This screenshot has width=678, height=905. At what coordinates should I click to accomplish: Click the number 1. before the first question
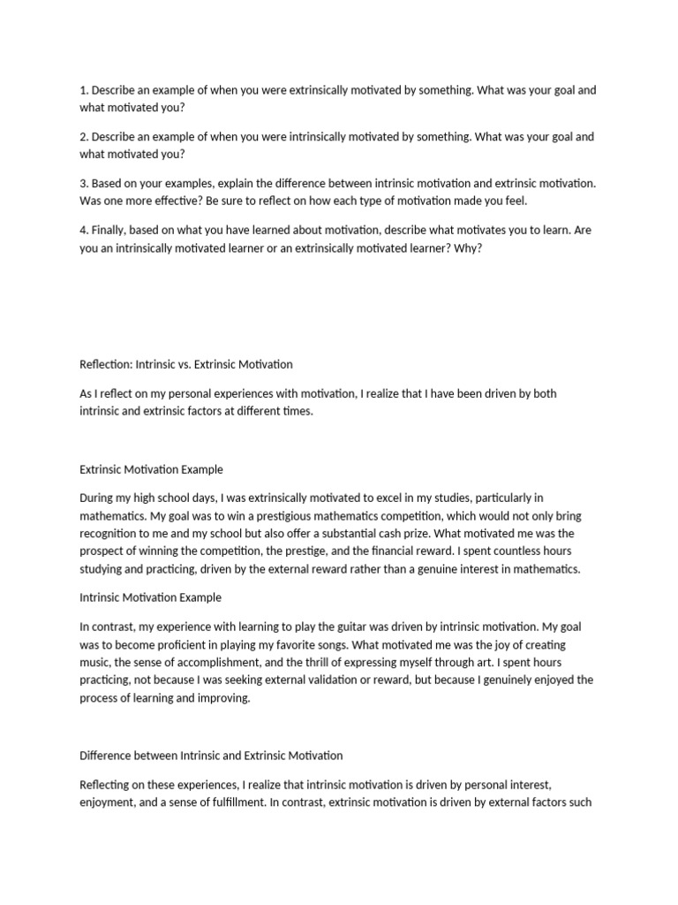coord(84,91)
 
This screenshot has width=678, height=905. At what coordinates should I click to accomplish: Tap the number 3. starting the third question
coord(84,183)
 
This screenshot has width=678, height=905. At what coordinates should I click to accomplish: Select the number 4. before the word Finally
coord(84,230)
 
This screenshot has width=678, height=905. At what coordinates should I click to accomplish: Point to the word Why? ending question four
coord(467,247)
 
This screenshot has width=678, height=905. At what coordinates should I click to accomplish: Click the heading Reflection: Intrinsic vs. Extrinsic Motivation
coord(185,364)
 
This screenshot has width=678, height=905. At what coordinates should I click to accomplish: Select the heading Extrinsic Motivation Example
coord(151,469)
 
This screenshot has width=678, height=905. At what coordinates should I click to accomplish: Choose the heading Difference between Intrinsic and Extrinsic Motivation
coord(211,756)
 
